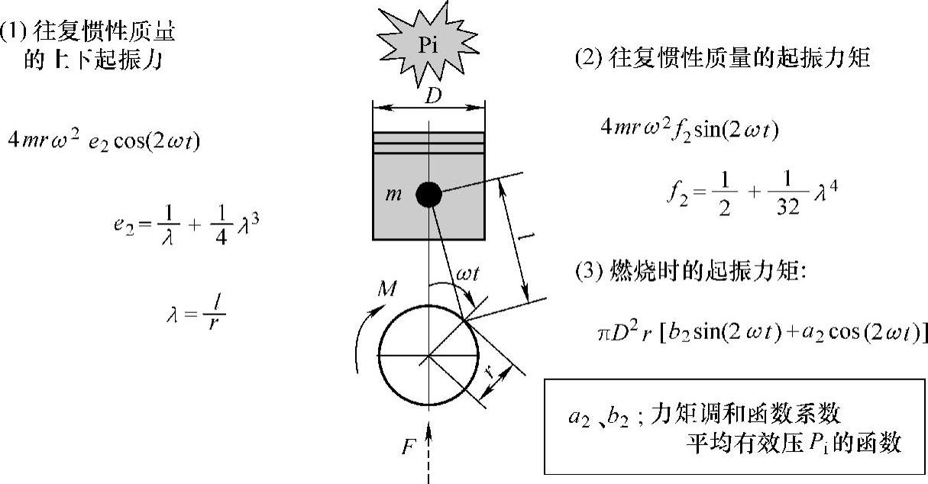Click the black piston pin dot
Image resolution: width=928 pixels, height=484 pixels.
pos(428,195)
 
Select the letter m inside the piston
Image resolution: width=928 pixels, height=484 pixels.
pos(395,195)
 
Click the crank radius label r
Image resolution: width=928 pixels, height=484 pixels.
pos(489,373)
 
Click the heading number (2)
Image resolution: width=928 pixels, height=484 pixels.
pos(589,59)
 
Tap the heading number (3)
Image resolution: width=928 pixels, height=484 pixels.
pos(589,272)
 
